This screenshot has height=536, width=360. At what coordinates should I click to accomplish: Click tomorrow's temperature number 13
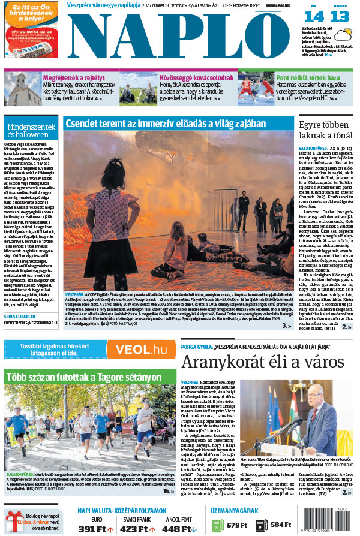pyautogui.click(x=339, y=17)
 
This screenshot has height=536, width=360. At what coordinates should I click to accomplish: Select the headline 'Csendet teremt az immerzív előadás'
pyautogui.click(x=165, y=124)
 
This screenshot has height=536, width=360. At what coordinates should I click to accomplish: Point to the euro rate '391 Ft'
pyautogui.click(x=95, y=528)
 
